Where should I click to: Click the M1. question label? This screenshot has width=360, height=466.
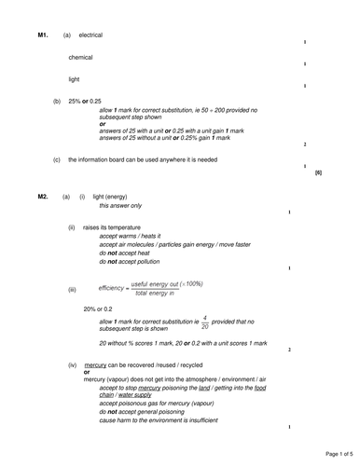tap(43, 34)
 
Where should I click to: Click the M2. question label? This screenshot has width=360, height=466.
tap(43, 197)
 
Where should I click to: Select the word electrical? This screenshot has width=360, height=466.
tap(90, 34)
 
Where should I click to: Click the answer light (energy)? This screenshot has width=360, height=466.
tap(111, 197)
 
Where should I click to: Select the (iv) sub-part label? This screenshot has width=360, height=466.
tap(72, 365)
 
